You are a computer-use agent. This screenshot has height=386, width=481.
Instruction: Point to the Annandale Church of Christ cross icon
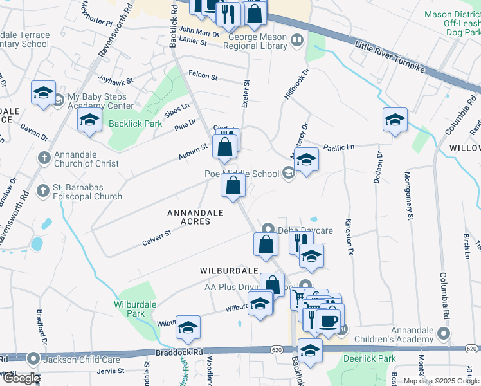click(x=44, y=158)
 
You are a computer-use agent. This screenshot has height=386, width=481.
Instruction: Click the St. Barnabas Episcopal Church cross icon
click(x=44, y=190)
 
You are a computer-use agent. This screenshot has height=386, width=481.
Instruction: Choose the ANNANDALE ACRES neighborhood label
click(x=195, y=217)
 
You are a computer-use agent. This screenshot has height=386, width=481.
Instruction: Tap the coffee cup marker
click(x=327, y=320)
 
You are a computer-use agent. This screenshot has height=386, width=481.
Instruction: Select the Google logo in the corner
click(x=21, y=379)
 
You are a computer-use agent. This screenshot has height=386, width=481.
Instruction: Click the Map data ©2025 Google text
click(x=441, y=381)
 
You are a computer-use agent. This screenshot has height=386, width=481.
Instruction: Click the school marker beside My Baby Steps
click(x=43, y=94)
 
